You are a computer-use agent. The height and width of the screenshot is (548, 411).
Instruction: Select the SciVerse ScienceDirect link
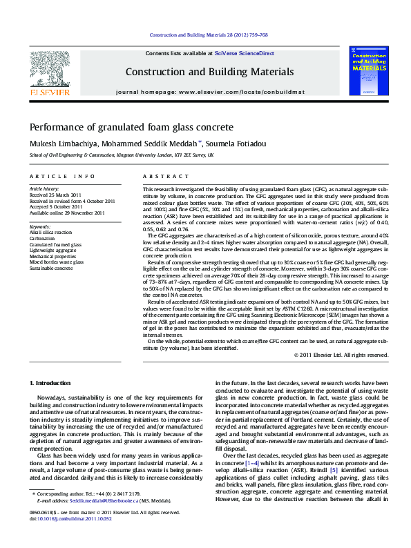coord(244,53)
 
